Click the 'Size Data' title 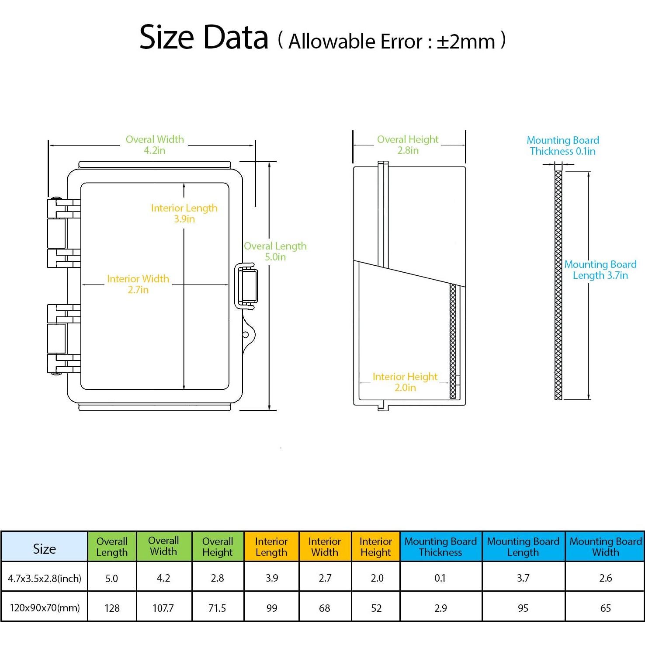(204, 38)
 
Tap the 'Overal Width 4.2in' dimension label (155, 145)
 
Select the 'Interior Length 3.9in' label (184, 213)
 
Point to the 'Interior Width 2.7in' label (138, 284)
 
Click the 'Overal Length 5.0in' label (275, 251)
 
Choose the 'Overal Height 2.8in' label (408, 145)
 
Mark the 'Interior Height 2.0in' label (405, 382)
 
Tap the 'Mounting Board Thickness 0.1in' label (562, 146)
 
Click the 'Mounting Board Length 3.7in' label (600, 270)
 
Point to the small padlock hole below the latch (246, 335)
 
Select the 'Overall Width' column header (163, 546)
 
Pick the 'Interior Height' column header (375, 547)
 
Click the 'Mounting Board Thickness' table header (440, 547)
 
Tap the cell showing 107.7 (163, 608)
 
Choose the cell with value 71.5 (217, 608)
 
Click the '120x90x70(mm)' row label (45, 608)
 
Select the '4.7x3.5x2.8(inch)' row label (45, 579)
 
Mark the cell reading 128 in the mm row (112, 608)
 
